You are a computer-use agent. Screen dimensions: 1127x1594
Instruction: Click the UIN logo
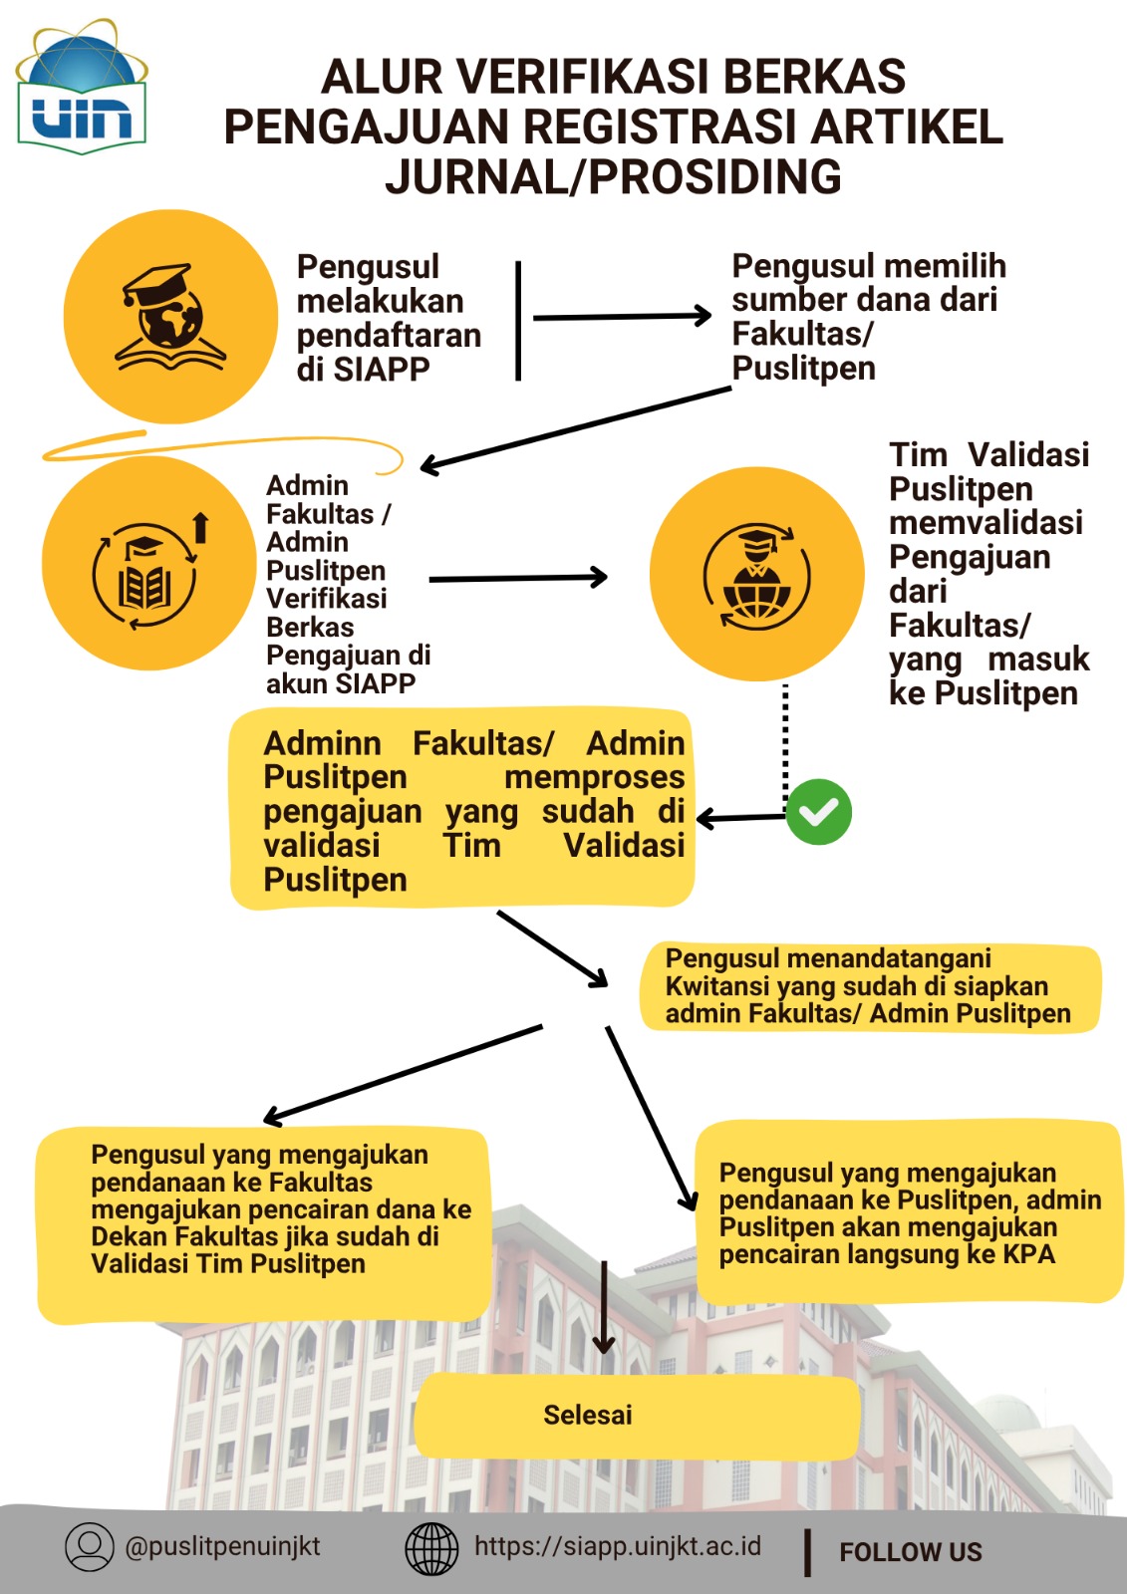(81, 87)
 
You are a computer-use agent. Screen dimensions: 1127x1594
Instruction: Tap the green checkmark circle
(819, 812)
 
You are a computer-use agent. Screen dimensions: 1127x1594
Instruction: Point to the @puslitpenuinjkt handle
(222, 1546)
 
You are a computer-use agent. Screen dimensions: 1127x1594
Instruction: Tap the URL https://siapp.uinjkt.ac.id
(618, 1546)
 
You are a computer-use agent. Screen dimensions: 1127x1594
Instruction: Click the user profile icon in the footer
(90, 1547)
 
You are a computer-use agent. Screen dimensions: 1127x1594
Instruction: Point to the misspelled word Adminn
(323, 743)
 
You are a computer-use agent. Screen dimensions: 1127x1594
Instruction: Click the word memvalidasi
(986, 522)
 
